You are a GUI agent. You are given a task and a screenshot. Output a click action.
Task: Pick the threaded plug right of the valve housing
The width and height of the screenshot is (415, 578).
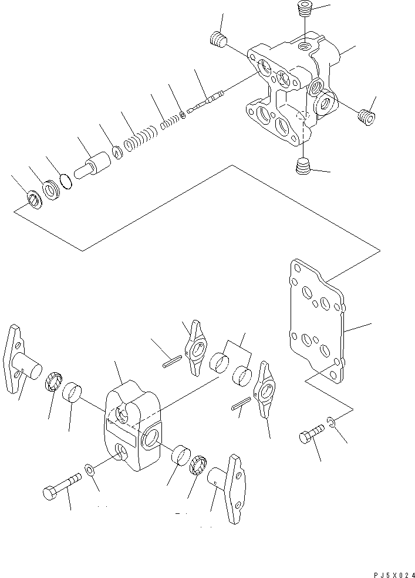tap(366, 116)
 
